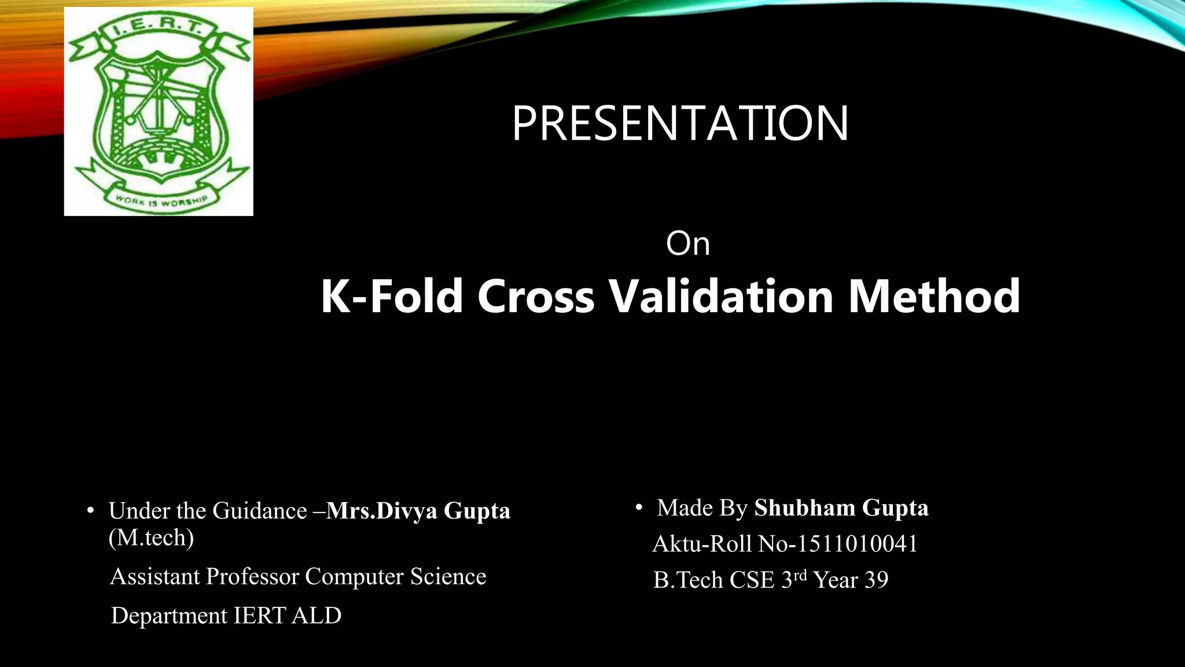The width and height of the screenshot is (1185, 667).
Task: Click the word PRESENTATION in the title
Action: tap(680, 123)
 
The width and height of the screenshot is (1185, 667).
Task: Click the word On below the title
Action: tap(687, 243)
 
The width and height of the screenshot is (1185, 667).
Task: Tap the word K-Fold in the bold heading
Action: tap(392, 296)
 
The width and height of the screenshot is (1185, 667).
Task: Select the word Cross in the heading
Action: tap(536, 296)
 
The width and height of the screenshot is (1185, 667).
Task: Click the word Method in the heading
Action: tap(934, 296)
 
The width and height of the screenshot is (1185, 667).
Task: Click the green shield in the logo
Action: tap(159, 110)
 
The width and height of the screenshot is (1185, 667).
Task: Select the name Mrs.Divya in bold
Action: tap(382, 511)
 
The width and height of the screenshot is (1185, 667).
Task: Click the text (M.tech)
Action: tap(151, 538)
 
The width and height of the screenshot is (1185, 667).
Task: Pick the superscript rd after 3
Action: tap(800, 575)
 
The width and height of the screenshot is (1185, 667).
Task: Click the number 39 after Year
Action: tap(876, 580)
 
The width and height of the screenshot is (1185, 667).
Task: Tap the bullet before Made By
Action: tap(639, 508)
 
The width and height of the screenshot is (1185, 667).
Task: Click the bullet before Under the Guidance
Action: tap(90, 511)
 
